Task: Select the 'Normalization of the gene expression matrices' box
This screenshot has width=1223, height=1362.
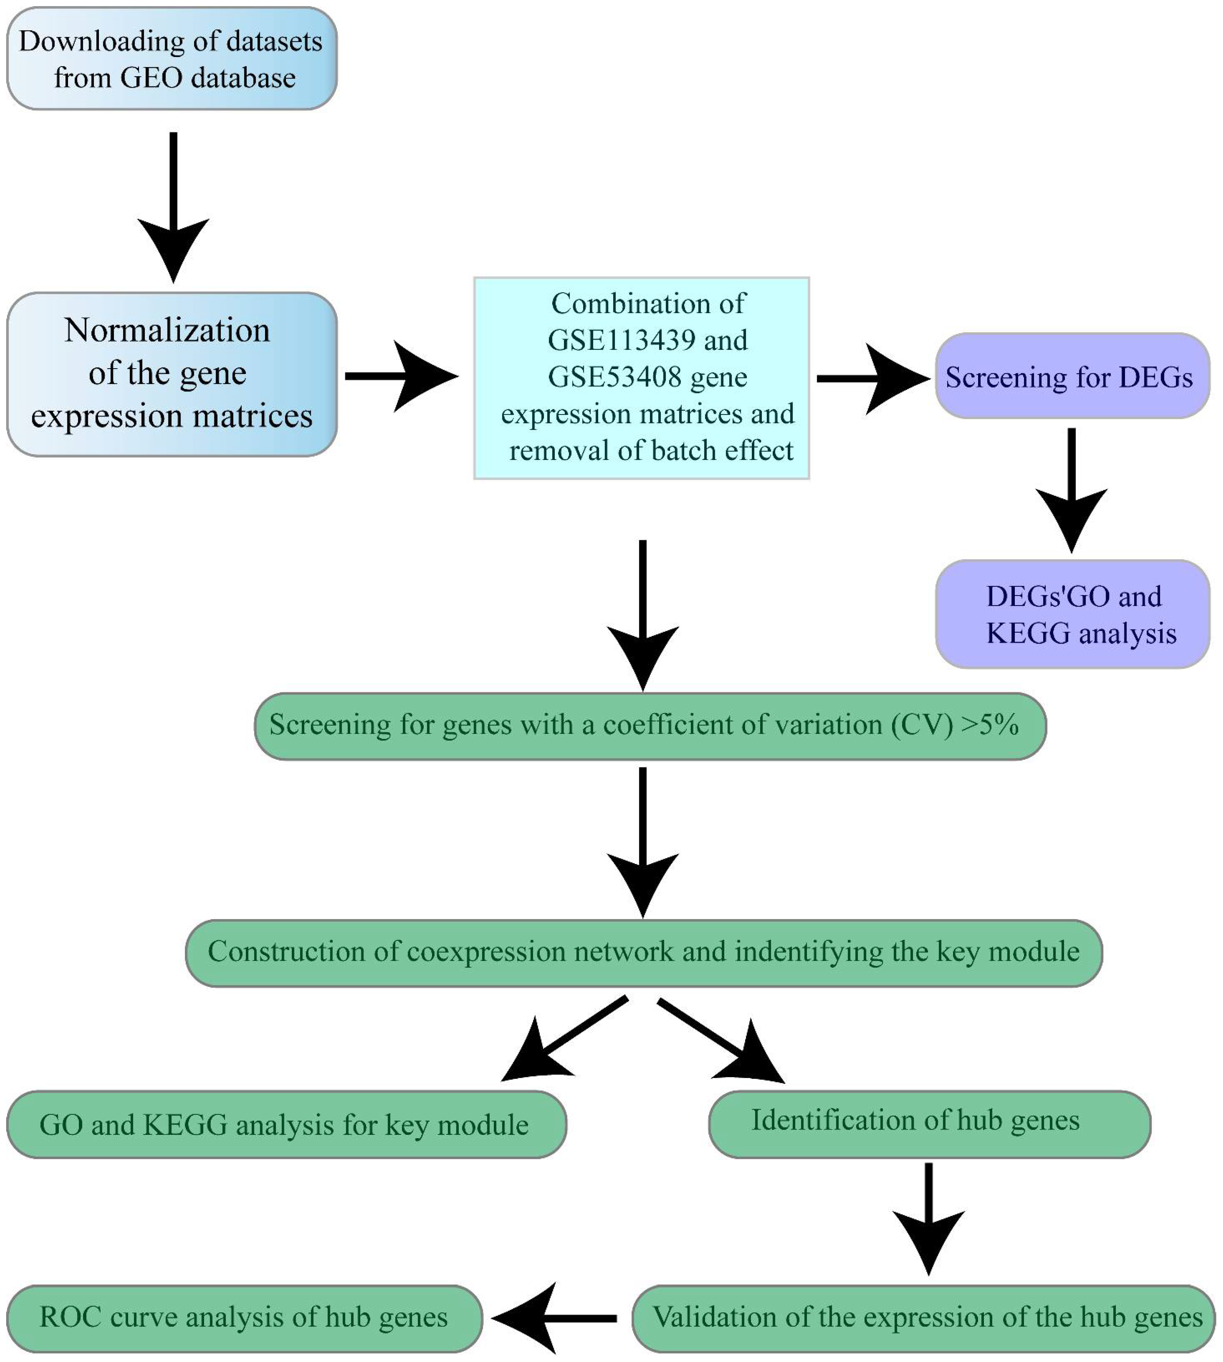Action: coord(171,374)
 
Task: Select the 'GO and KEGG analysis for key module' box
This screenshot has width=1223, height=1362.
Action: coord(286,1125)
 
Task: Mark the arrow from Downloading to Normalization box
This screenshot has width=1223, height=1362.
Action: coord(173,208)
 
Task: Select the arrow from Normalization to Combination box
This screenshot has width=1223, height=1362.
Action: coord(402,376)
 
